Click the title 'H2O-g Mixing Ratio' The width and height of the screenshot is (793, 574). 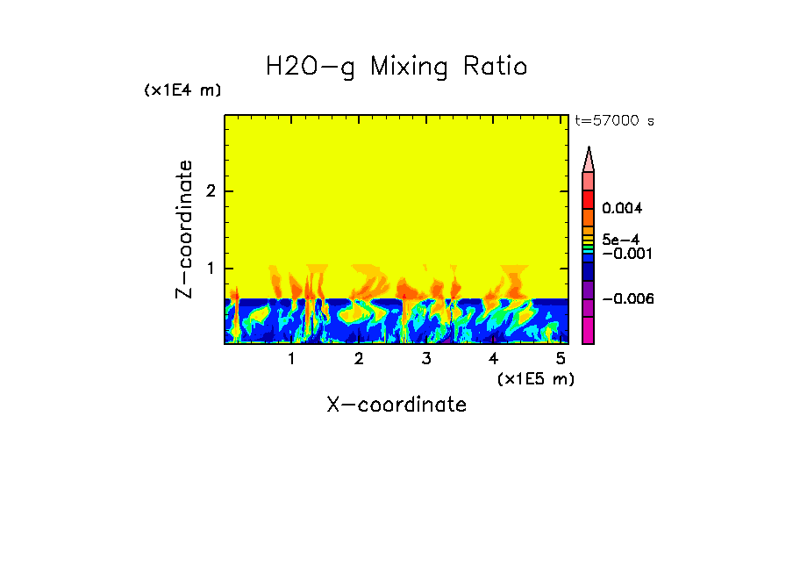pos(396,67)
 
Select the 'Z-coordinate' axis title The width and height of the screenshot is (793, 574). pos(184,229)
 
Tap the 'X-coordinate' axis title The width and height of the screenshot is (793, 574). pos(396,405)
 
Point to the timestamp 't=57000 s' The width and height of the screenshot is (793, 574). pos(614,121)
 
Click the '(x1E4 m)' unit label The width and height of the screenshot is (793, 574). pos(182,90)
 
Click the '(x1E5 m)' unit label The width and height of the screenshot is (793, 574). pos(535,378)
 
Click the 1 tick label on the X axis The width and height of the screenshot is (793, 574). pos(292,359)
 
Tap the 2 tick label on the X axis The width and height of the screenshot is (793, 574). pos(359,359)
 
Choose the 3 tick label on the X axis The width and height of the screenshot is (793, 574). pos(426,359)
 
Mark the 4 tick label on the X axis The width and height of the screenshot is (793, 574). pos(493,359)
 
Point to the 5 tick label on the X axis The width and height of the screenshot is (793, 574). pos(561,359)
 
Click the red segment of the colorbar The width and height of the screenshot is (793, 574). pos(589,198)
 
